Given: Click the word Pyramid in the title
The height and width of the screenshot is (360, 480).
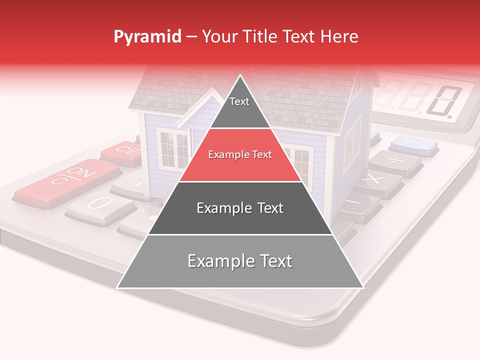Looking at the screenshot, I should (147, 37).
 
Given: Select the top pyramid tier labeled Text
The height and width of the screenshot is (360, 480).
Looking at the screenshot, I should (239, 107).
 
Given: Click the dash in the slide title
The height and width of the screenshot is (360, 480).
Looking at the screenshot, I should (191, 37).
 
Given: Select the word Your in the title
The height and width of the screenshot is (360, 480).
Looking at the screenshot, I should (218, 37).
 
